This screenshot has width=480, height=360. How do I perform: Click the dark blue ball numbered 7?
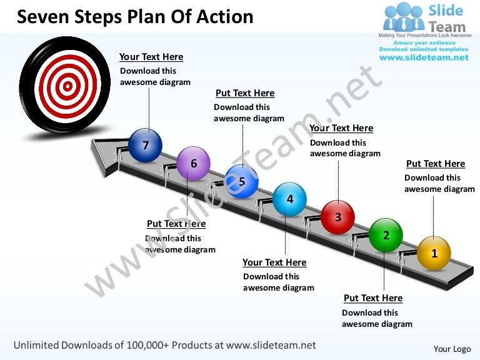coord(145,146)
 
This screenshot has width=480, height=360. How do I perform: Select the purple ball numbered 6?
coord(194,163)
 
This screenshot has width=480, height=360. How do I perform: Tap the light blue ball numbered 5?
coord(241,181)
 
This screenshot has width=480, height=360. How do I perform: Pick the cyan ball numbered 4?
coord(289,199)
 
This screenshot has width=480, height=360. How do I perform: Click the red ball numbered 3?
coord(338,217)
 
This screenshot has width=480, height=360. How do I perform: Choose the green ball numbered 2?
coord(386,235)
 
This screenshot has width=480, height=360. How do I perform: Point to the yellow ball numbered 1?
coord(434,253)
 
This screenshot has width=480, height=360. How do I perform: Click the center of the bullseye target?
coord(67,86)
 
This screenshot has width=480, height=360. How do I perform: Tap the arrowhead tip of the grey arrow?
coord(91,141)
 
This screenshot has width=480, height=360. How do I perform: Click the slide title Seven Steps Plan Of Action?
coord(135,16)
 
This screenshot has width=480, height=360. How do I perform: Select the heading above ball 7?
coord(151,57)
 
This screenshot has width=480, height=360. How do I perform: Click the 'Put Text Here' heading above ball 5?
coord(245,93)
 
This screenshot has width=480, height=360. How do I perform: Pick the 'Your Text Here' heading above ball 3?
coord(341,128)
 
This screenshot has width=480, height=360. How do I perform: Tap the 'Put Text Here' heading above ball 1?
coord(436,164)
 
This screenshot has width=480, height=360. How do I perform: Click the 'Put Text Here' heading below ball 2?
coord(373,298)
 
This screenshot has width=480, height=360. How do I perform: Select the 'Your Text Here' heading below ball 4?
coord(274,262)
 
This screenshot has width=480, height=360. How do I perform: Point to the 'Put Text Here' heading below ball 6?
coord(176,224)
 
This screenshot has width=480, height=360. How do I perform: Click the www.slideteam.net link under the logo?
coord(424,57)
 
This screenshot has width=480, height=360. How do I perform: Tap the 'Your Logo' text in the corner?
coord(452,349)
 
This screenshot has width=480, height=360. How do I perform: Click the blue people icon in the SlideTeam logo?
coord(404,17)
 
